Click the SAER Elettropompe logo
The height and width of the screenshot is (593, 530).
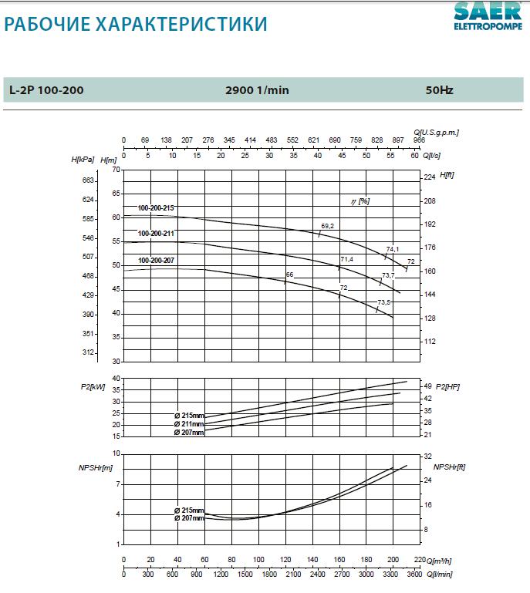(488, 15)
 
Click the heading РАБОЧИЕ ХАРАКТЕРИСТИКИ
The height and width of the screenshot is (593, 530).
(136, 25)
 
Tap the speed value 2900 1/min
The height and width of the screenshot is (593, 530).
(257, 90)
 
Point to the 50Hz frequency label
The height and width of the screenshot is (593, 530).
(439, 90)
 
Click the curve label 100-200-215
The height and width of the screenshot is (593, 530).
(156, 208)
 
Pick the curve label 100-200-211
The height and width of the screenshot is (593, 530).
(156, 233)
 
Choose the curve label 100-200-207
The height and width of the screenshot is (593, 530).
(156, 261)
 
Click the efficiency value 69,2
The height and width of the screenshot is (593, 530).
(327, 226)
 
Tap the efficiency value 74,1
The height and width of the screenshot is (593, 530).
(393, 249)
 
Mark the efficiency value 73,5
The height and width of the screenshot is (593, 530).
(383, 302)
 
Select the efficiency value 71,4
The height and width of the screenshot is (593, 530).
(346, 259)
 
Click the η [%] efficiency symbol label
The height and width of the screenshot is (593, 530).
(360, 201)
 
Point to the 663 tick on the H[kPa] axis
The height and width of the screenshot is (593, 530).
(88, 180)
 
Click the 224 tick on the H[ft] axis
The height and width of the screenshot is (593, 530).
(430, 177)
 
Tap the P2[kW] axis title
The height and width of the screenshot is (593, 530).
(93, 386)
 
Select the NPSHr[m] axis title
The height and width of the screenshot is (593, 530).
(96, 467)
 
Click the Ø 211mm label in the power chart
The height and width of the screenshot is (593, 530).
(189, 424)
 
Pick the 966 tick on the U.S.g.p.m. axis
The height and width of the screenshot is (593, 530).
(420, 140)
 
